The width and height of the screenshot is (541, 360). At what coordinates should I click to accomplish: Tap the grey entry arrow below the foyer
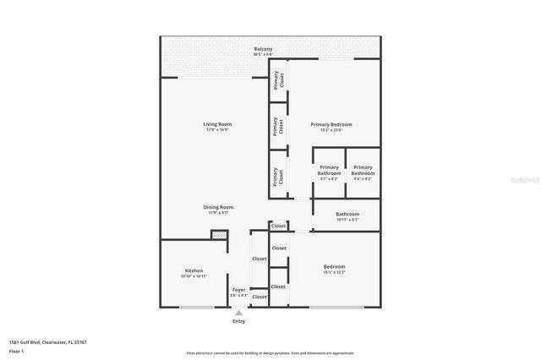pos(239,313)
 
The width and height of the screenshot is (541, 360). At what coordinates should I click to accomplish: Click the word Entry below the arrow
pos(239,321)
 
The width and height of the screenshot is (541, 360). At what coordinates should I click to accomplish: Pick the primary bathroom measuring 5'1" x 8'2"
pos(329,172)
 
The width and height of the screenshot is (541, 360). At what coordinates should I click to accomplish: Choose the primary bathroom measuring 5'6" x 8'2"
pos(363,172)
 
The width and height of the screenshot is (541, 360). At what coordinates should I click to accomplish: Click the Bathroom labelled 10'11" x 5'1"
pos(347,216)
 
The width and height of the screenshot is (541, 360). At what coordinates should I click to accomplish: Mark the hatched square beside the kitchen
pos(219,236)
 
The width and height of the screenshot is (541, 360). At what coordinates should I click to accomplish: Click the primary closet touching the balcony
pos(278,80)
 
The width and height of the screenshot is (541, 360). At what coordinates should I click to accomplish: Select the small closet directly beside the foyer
pos(260,297)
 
